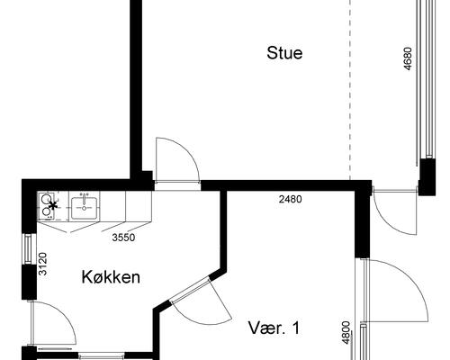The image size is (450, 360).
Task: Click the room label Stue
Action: (x=284, y=53)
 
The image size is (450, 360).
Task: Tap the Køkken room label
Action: (x=111, y=277)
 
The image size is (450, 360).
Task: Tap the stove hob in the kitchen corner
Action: (x=48, y=205)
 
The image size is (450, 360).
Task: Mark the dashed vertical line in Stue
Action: (x=349, y=90)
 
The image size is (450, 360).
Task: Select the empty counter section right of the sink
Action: (x=127, y=206)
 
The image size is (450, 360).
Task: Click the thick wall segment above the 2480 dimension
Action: (x=288, y=185)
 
